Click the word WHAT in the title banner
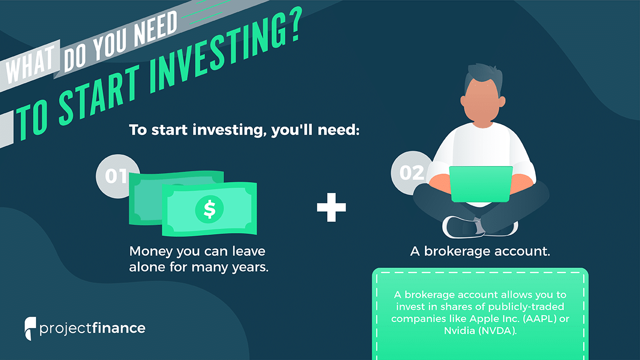pyautogui.click(x=30, y=65)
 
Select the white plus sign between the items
pyautogui.click(x=331, y=207)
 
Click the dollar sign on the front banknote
pyautogui.click(x=209, y=209)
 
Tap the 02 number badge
pyautogui.click(x=411, y=173)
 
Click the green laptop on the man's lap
pyautogui.click(x=481, y=184)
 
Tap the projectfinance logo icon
pyautogui.click(x=30, y=328)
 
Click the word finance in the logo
pyautogui.click(x=118, y=328)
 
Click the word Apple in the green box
pyautogui.click(x=484, y=319)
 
